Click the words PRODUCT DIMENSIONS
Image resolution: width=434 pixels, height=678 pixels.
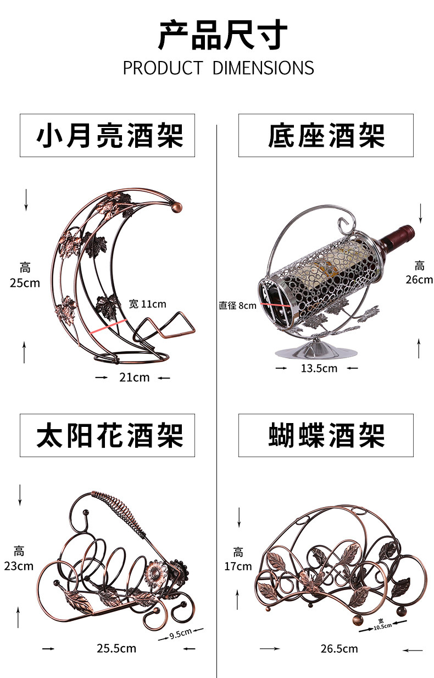(x=218, y=68)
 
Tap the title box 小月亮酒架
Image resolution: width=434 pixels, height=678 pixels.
(x=107, y=135)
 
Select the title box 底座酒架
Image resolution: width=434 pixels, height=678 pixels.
(x=326, y=135)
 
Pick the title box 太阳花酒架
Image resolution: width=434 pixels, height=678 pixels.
(x=107, y=436)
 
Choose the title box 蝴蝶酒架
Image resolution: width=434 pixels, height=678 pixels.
(x=326, y=436)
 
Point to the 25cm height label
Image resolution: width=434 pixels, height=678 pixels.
(x=25, y=283)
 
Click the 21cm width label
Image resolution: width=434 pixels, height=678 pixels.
(x=133, y=377)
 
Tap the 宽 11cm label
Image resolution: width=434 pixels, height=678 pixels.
(x=147, y=304)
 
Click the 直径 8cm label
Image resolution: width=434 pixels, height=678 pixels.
(x=237, y=305)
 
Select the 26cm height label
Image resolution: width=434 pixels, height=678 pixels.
(x=419, y=279)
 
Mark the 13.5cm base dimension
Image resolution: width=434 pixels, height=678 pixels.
(x=319, y=368)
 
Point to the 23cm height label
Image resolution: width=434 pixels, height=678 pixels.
(x=19, y=566)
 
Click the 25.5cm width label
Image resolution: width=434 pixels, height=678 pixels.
(x=116, y=648)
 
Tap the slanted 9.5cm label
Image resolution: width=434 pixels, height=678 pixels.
(x=180, y=633)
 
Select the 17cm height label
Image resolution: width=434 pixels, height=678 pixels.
(x=238, y=566)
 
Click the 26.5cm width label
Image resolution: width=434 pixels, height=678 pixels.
(x=339, y=649)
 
